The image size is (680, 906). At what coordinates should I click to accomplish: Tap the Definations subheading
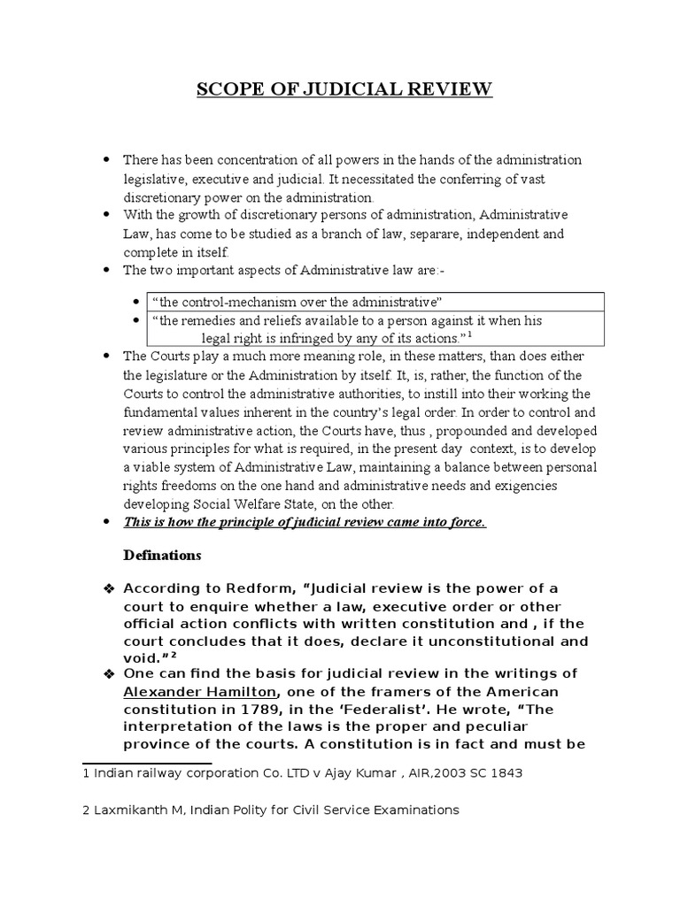[162, 556]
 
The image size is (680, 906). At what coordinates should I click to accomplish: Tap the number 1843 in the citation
[506, 773]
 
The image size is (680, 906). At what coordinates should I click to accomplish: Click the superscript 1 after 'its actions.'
[469, 335]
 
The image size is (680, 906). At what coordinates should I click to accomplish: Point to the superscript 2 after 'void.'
[174, 655]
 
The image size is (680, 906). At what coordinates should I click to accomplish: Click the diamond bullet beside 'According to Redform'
[109, 589]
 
